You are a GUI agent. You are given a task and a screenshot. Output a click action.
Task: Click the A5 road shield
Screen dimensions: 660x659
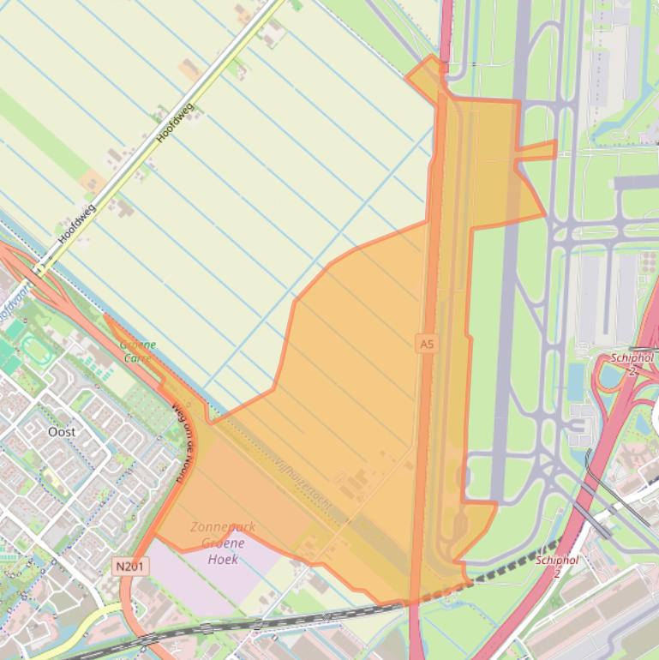click(x=426, y=343)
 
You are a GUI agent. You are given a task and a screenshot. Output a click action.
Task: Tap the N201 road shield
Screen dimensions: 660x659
click(x=130, y=566)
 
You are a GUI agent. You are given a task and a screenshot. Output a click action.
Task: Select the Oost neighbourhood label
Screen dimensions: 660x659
click(x=62, y=431)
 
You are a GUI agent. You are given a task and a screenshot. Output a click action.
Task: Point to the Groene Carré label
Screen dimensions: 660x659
click(x=137, y=351)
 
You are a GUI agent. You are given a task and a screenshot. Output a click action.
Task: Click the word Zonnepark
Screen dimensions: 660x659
click(x=222, y=528)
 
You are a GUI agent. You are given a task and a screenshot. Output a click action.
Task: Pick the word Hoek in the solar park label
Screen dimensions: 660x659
click(x=222, y=559)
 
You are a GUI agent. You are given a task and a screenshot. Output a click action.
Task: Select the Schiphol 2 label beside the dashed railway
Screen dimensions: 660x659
click(x=557, y=566)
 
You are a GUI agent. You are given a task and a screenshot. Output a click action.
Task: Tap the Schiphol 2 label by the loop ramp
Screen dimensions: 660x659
click(x=632, y=363)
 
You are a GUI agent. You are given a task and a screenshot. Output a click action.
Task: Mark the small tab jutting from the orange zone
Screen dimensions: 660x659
click(x=537, y=151)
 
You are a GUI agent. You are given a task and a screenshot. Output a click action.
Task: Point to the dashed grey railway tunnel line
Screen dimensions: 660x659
click(x=514, y=562)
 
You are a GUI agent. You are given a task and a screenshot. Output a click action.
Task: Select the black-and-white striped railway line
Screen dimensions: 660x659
click(x=257, y=623)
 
